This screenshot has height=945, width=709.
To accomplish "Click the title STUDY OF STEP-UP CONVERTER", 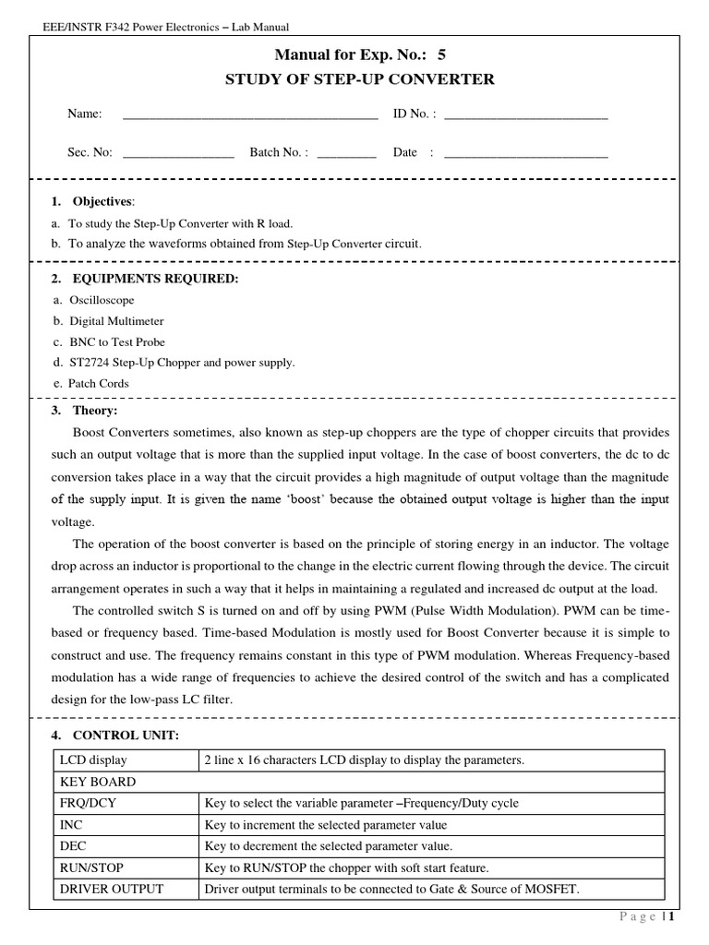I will pyautogui.click(x=360, y=79).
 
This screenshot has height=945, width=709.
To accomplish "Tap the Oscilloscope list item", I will pyautogui.click(x=101, y=300).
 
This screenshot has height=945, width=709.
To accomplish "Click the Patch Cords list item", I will pyautogui.click(x=98, y=383).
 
